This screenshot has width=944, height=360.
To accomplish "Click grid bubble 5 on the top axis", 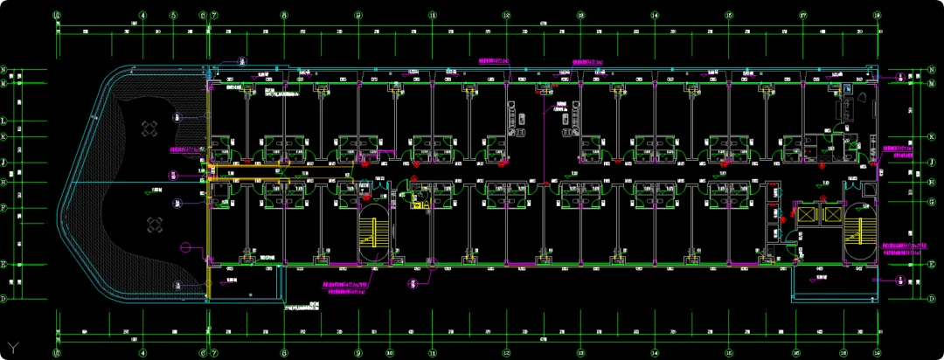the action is point(173,16).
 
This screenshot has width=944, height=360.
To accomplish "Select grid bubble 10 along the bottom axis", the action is point(389,353).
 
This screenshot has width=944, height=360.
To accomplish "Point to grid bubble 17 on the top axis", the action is point(802,16).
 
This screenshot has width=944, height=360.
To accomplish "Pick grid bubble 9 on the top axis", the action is point(358,16).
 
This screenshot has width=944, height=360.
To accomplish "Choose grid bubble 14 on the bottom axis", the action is point(655,353).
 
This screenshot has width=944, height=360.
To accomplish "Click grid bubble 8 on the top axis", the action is point(284,16).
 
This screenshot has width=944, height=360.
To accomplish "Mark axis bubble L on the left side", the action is point(4,121).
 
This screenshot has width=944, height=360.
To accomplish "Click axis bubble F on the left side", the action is point(4,208).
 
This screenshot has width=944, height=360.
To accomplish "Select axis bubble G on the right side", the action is point(932,201).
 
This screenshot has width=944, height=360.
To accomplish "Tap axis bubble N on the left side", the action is point(4,70).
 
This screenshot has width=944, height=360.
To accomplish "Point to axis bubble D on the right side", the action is point(932,298).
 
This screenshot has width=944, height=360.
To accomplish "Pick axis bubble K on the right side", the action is point(932,137).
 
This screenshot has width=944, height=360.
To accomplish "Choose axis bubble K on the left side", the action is point(4,137).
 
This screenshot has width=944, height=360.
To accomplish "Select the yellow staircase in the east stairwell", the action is point(860,234).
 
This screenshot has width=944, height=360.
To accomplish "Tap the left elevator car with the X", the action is point(802,213).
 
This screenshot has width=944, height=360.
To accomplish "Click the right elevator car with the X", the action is point(831,213).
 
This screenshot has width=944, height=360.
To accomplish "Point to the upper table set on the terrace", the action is point(149,129).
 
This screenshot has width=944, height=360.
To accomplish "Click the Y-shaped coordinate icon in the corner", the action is point(13,348).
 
